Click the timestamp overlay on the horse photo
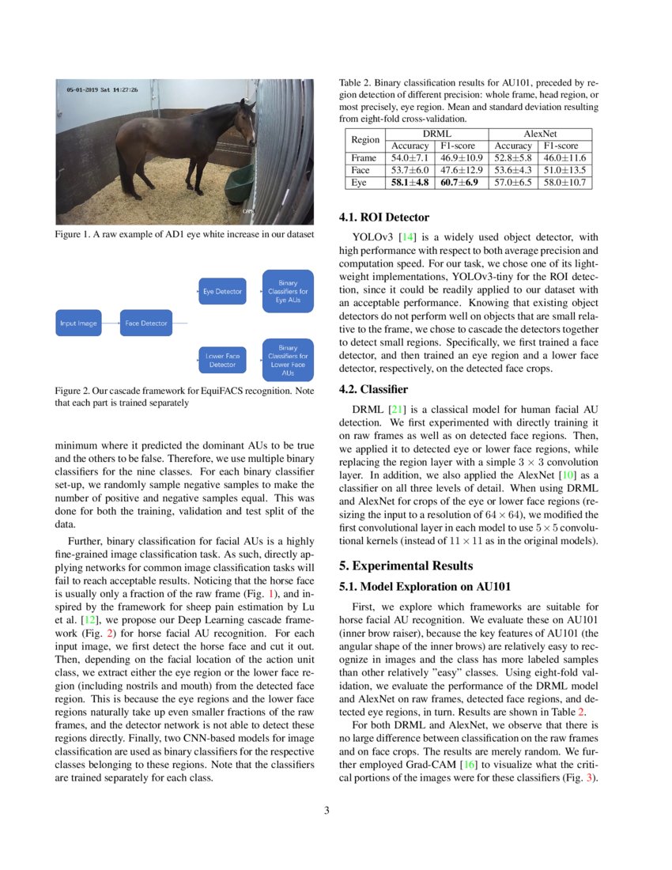coord(102,90)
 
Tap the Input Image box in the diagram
coord(78,323)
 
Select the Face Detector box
coord(144,323)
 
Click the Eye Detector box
coord(222,292)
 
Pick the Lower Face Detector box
coord(222,360)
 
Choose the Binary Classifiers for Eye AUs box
coord(288,291)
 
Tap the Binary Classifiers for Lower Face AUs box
coord(288,360)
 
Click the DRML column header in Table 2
coord(436,134)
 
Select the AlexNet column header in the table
coord(541,134)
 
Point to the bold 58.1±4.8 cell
coord(410,182)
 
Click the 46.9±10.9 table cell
coord(461,158)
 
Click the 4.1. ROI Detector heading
coord(383,217)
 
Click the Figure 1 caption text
coord(184,235)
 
